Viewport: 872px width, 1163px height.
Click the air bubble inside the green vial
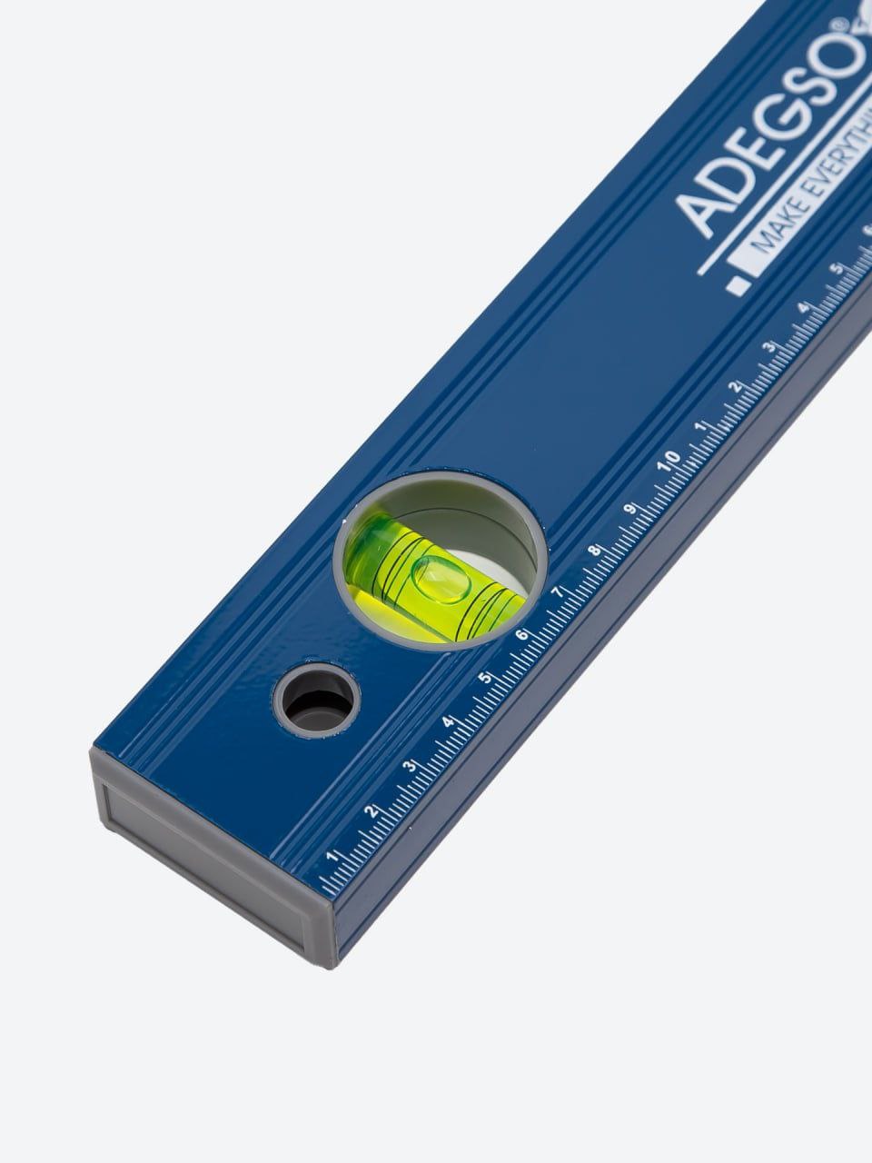point(437,579)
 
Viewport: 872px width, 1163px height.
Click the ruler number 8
point(595,552)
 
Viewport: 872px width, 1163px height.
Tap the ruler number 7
point(559,591)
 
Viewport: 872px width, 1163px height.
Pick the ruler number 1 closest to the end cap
point(332,855)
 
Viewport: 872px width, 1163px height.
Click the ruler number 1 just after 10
point(700,427)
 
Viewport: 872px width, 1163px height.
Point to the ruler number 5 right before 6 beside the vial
point(485,678)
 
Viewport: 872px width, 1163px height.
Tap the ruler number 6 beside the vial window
point(522,634)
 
